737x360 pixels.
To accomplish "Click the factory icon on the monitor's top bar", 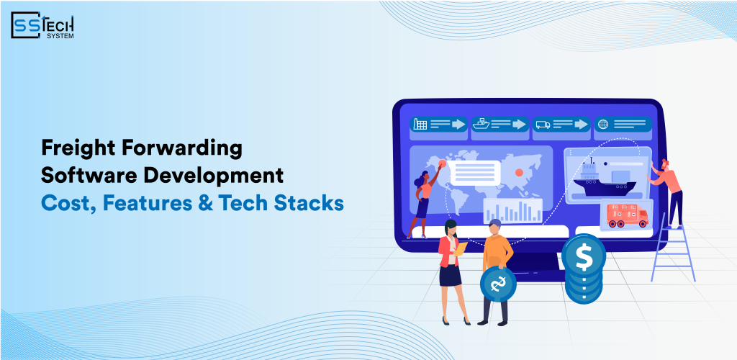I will coord(420,125).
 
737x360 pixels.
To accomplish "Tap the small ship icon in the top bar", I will coord(481,125).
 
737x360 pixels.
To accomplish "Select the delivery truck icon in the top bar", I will coord(542,125).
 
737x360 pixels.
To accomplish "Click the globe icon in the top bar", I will coord(602,125).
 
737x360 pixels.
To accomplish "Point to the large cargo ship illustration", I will coord(602,184).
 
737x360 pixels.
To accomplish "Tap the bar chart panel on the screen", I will coord(512,210).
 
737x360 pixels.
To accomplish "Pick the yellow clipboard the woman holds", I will coord(461,248).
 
